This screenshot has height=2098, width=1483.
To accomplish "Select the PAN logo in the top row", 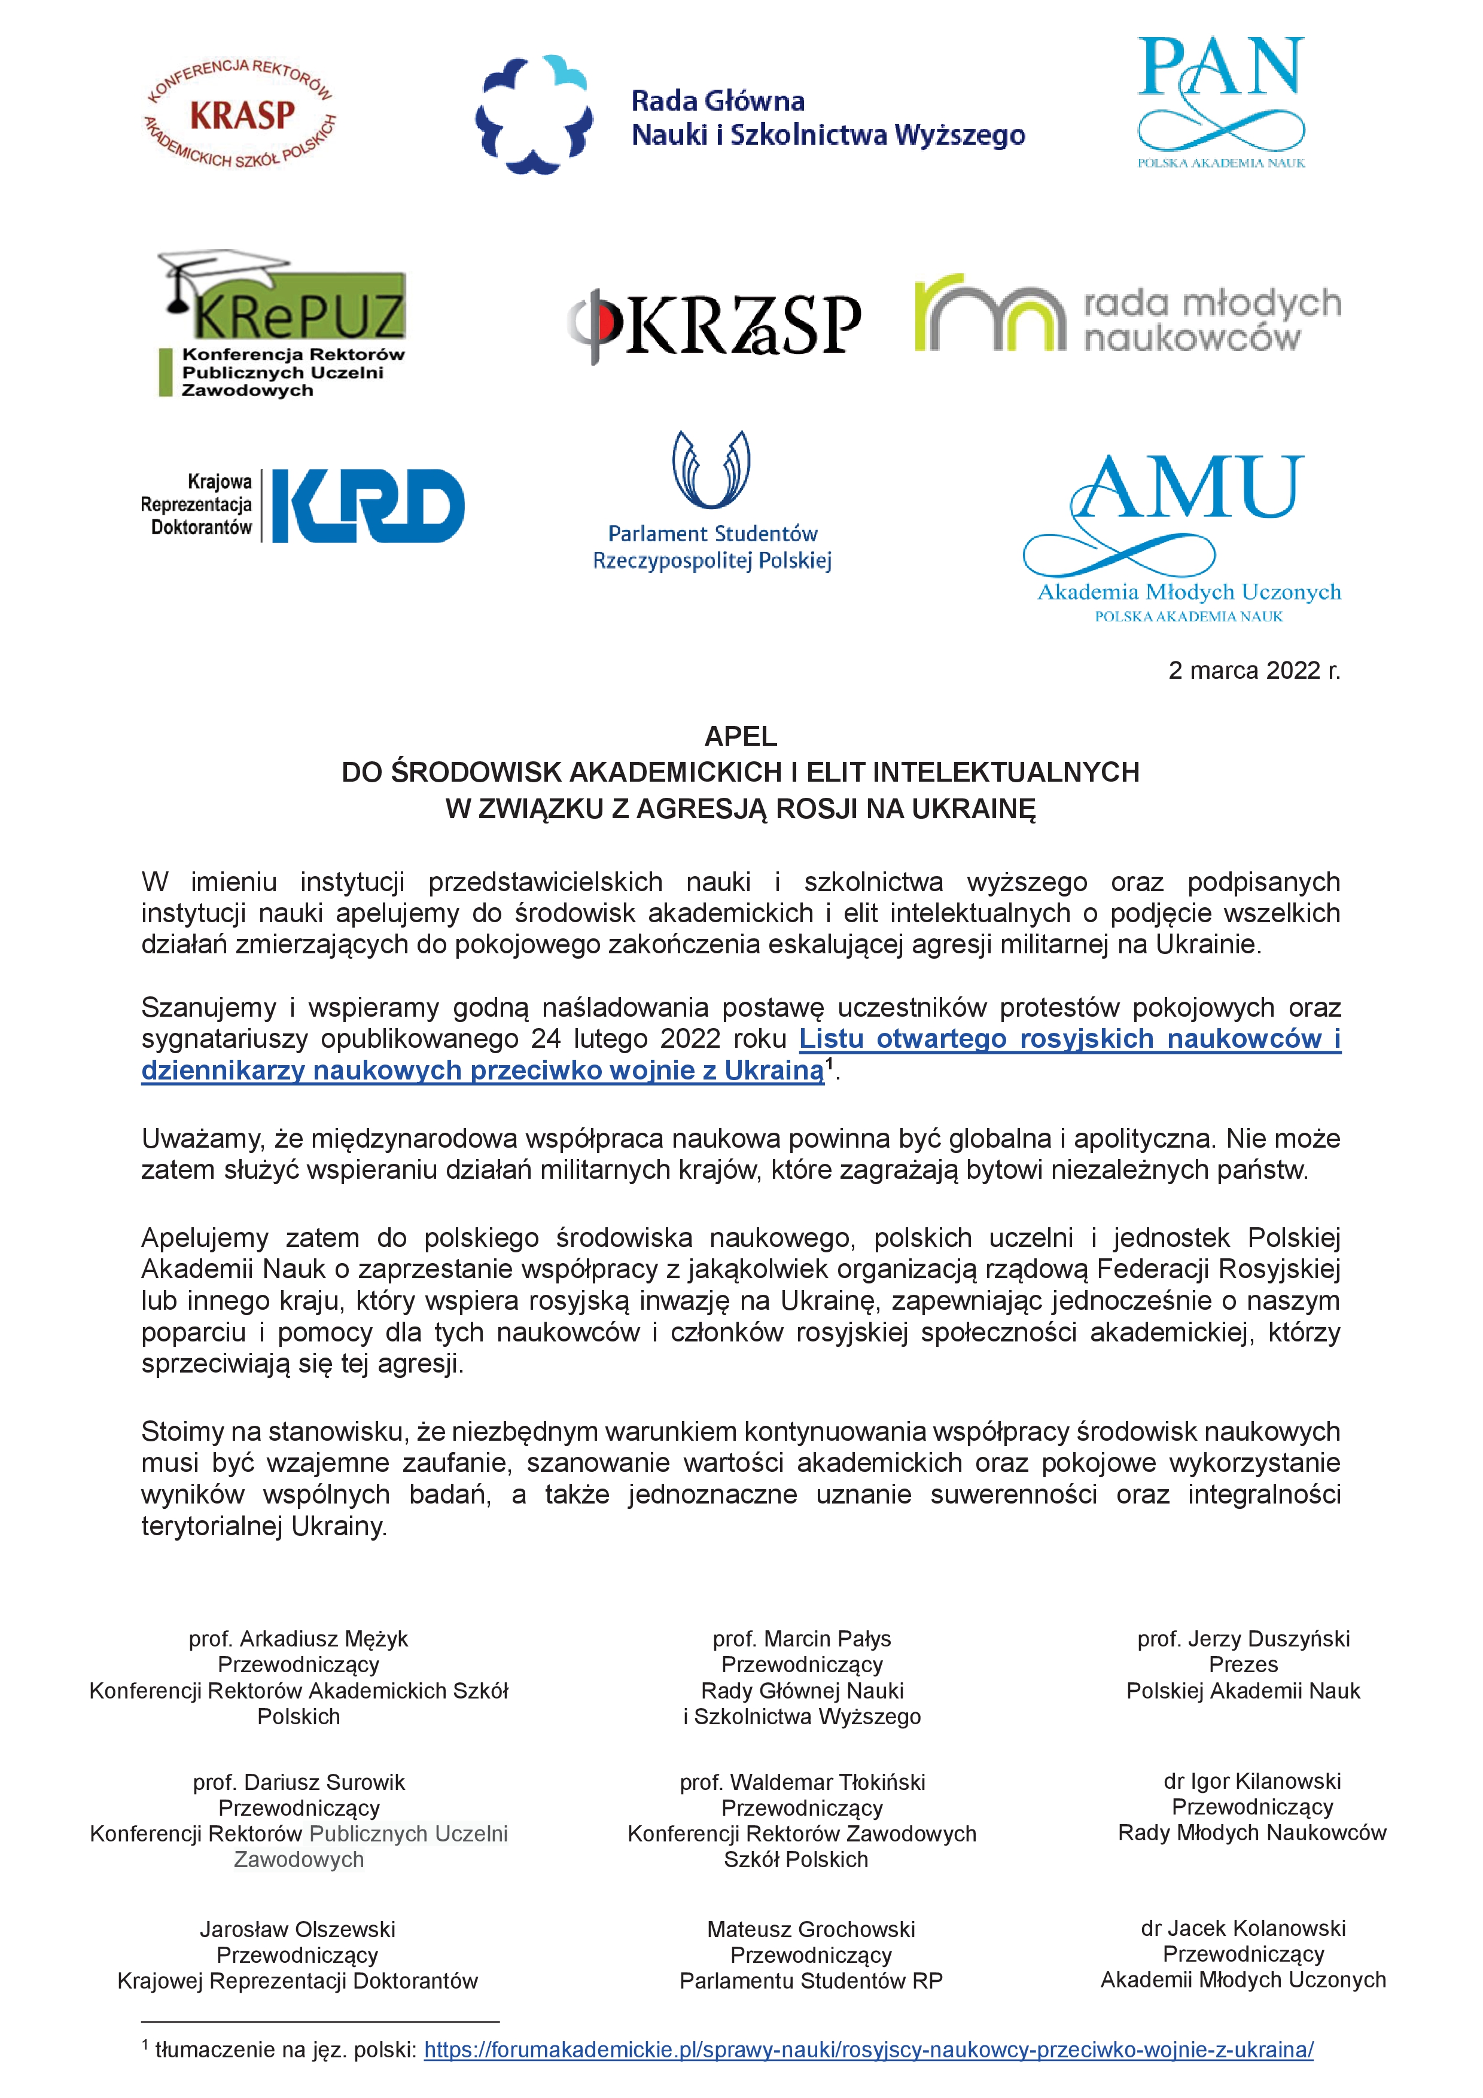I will pyautogui.click(x=1221, y=100).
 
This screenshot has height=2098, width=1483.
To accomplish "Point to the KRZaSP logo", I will pyautogui.click(x=714, y=324).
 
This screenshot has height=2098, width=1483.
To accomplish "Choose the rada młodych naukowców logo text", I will pyautogui.click(x=1211, y=320).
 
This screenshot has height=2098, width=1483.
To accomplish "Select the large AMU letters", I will pyautogui.click(x=1188, y=489).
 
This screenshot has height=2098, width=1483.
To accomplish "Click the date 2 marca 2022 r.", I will pyautogui.click(x=1254, y=670).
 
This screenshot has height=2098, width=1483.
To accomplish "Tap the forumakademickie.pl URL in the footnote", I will pyautogui.click(x=868, y=2050).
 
